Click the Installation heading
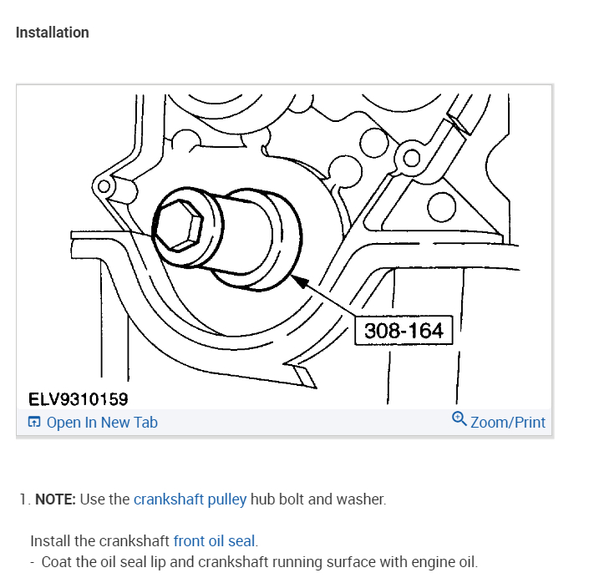click(x=52, y=33)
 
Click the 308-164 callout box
click(x=404, y=330)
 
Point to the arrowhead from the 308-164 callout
click(x=295, y=281)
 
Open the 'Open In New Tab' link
click(x=102, y=423)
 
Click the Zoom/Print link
click(x=507, y=423)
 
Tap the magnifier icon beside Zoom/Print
click(x=459, y=419)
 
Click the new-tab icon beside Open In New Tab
click(x=34, y=423)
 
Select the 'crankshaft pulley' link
click(x=190, y=499)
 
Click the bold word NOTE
click(x=55, y=499)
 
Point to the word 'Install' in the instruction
click(x=51, y=540)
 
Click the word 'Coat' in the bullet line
click(x=58, y=561)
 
